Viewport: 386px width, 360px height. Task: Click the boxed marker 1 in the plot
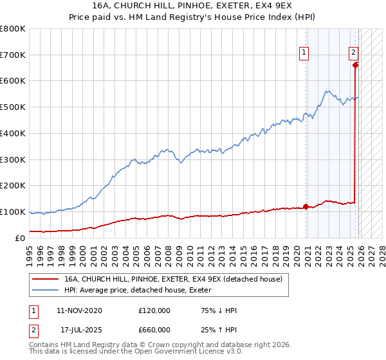coord(303,54)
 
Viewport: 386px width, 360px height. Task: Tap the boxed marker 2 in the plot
coord(353,54)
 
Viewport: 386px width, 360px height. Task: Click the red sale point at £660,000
coord(356,65)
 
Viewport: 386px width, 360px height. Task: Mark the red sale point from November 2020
coord(306,206)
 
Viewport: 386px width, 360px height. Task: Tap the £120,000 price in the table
coord(154,310)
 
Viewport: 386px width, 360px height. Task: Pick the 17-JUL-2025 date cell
coord(81,330)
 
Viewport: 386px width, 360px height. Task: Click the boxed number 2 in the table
coord(33,330)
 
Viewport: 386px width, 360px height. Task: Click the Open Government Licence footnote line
coord(136,352)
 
